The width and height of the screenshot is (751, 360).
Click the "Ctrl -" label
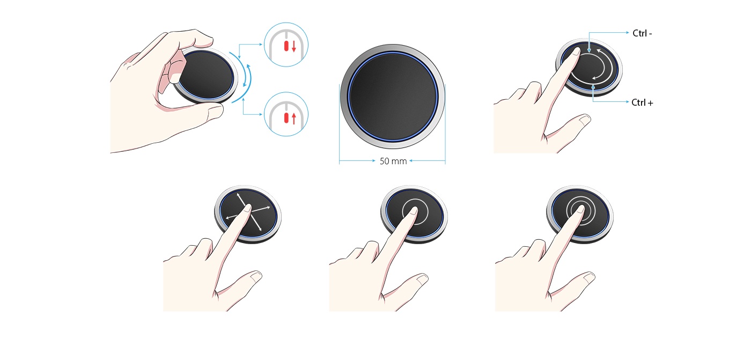click(642, 33)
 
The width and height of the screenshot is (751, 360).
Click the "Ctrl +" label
click(642, 102)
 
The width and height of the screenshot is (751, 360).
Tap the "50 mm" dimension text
click(393, 161)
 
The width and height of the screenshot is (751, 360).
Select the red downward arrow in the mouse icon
click(294, 46)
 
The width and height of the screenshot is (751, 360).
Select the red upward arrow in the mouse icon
click(294, 119)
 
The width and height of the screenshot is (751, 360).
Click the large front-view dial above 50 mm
click(393, 97)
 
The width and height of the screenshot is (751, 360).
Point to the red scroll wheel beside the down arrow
click(286, 46)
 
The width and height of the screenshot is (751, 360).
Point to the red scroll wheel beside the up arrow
click(286, 118)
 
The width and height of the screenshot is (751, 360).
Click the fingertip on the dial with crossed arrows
click(247, 209)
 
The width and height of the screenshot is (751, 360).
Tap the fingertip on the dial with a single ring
click(414, 210)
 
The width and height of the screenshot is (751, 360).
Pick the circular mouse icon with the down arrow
click(286, 45)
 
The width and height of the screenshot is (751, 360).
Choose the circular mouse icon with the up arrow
click(286, 114)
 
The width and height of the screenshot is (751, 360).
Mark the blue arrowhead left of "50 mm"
click(373, 161)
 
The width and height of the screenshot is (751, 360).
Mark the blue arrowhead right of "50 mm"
click(411, 161)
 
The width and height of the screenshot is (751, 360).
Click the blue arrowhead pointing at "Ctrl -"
click(627, 33)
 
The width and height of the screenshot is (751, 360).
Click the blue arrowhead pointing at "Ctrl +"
click(627, 101)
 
